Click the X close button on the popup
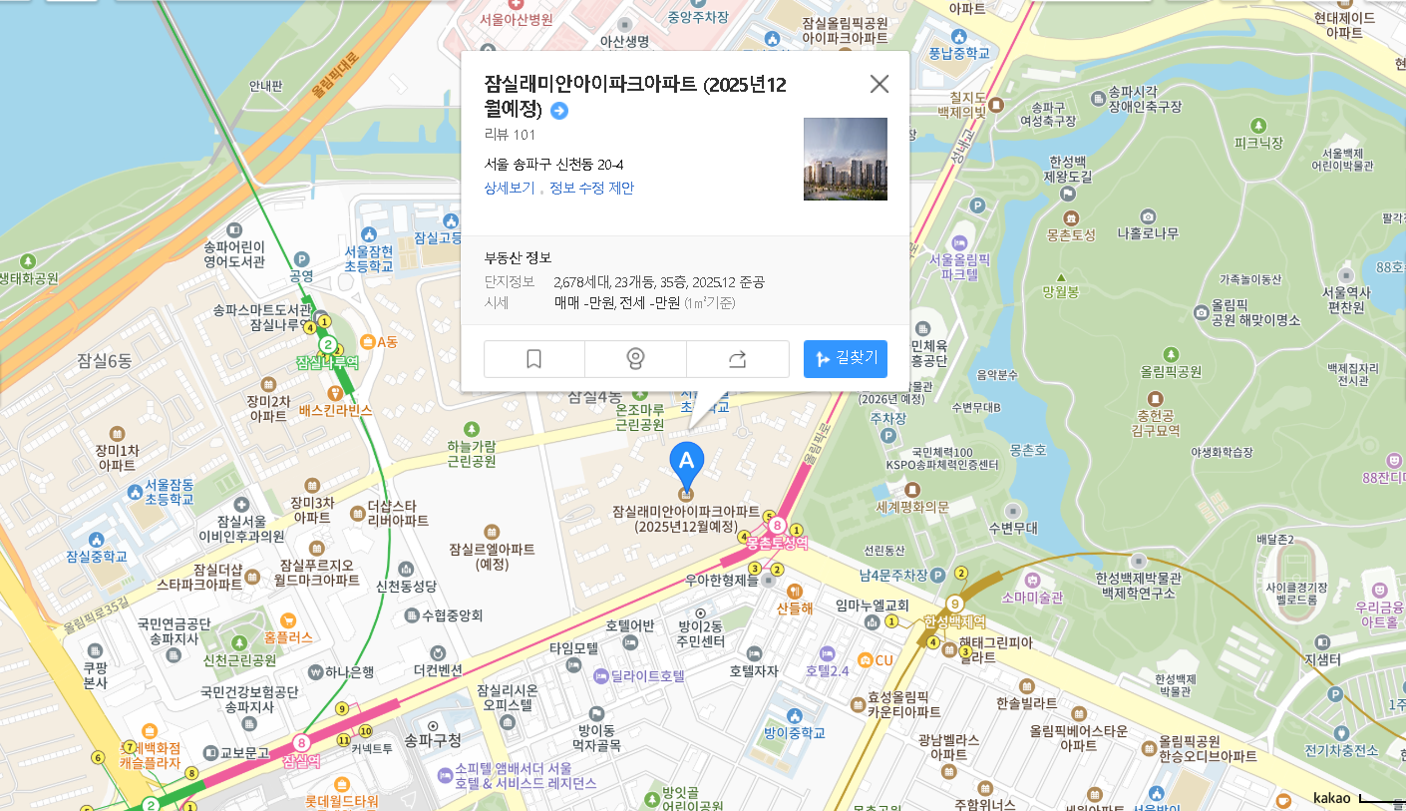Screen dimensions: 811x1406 pos(879,84)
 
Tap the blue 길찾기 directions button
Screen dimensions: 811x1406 pos(845,359)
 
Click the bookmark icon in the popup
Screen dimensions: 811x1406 pos(533,359)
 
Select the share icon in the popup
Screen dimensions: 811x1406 pos(737,359)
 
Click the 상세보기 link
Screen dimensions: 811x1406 pos(510,188)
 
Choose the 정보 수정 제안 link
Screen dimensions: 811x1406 pos(591,188)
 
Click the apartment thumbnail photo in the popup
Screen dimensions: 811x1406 pos(845,159)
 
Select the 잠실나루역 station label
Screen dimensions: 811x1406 pos(327,363)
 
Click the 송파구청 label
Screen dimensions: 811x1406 pos(433,740)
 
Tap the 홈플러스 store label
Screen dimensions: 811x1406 pos(288,635)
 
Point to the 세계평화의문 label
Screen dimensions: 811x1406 pos(912,506)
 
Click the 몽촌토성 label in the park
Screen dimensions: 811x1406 pos(1071,234)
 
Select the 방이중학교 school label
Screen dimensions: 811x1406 pos(794,732)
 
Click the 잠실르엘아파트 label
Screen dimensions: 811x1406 pos(491,549)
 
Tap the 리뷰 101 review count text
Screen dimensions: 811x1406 pos(510,135)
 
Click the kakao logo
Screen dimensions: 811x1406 pos(1331,797)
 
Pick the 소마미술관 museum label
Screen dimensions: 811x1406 pos(1032,597)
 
